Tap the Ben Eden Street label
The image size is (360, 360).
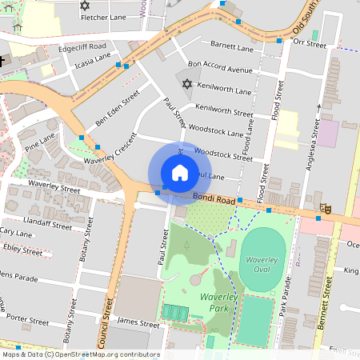(x=118, y=107)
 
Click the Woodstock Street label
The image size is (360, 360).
(x=223, y=154)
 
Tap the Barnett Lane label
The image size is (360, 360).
(x=232, y=45)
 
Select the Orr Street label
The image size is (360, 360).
(x=310, y=43)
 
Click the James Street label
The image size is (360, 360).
(x=138, y=322)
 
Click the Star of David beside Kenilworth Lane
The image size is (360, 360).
(x=187, y=84)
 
